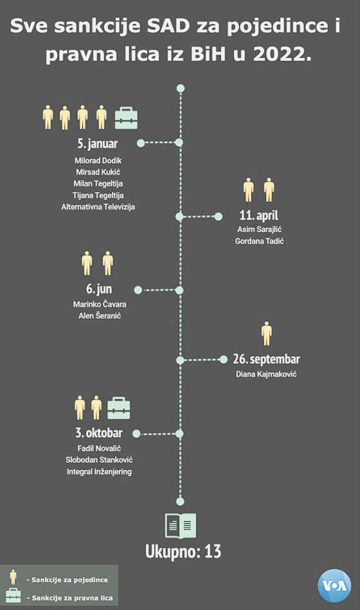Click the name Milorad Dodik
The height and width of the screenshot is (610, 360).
(98, 160)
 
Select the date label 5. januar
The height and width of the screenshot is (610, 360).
(97, 143)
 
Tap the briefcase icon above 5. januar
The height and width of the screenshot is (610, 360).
(126, 118)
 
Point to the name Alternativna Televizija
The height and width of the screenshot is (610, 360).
(98, 207)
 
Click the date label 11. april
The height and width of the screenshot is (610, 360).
(259, 215)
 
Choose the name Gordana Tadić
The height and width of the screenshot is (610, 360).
(259, 241)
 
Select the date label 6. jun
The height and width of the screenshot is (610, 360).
(99, 289)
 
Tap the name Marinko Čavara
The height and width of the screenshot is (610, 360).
(100, 304)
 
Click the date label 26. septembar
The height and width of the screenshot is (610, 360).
(267, 359)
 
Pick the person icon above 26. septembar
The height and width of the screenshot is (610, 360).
(267, 334)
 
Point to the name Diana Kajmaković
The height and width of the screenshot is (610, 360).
(266, 374)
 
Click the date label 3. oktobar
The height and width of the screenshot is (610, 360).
(99, 433)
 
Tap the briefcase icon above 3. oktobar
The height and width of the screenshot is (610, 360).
(119, 408)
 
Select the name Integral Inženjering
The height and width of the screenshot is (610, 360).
(99, 472)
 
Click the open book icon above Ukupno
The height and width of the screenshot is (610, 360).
(181, 526)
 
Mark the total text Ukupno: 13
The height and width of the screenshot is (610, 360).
(183, 552)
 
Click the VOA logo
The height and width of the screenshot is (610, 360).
(334, 586)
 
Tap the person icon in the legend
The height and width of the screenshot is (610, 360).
(14, 577)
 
